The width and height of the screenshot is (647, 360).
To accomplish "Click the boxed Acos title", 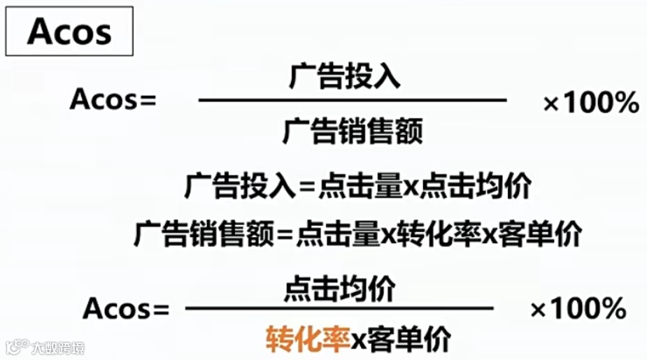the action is (x=69, y=32).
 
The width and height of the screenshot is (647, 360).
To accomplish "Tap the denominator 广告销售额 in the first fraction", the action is (x=353, y=131).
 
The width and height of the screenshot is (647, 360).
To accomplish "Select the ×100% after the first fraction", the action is (x=591, y=104).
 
